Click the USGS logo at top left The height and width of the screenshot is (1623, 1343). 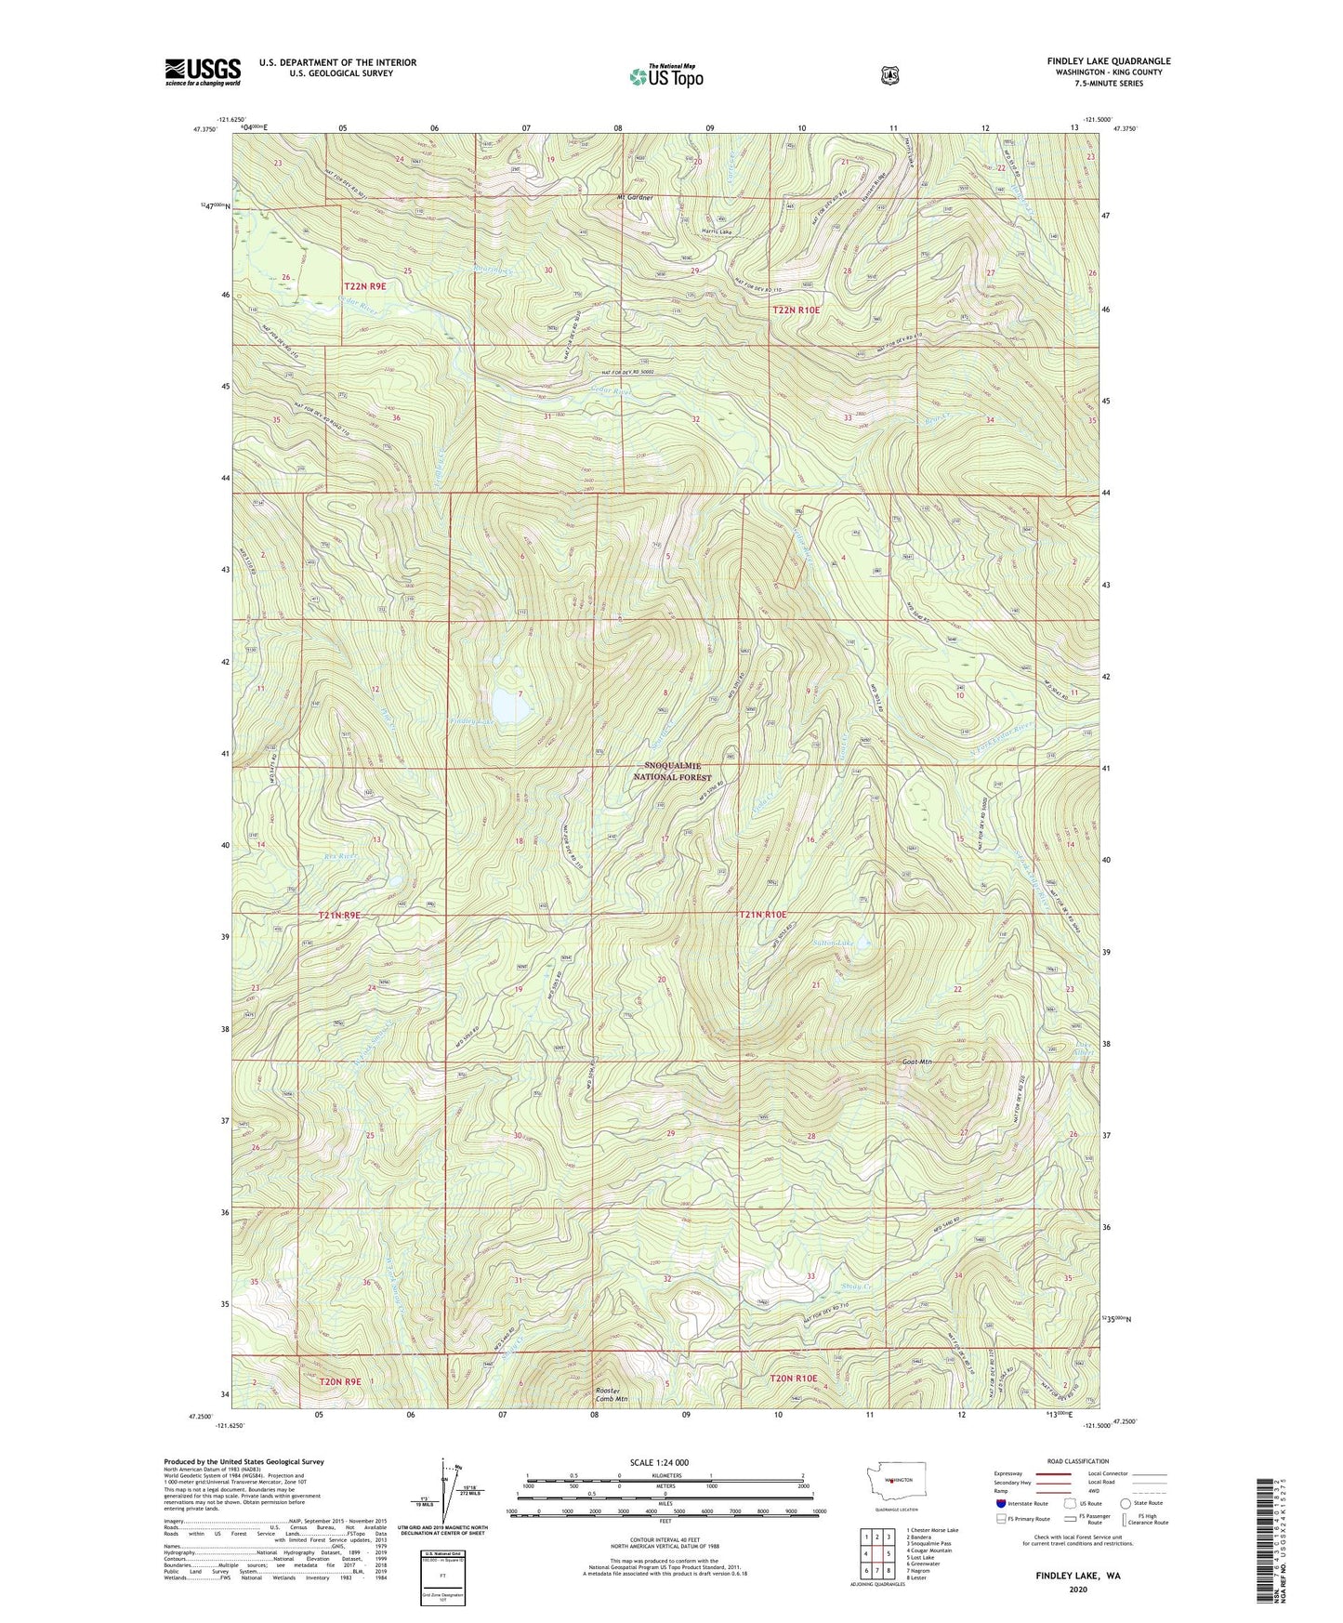[x=203, y=72]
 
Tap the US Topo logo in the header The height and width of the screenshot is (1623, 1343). [x=665, y=76]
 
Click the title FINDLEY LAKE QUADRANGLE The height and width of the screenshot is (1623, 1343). [x=1108, y=61]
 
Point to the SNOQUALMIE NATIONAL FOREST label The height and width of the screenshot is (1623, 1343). [x=678, y=772]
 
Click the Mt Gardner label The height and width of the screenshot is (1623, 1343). [x=636, y=198]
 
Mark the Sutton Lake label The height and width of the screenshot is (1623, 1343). [x=832, y=943]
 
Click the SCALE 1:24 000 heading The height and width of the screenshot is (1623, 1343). [x=659, y=1462]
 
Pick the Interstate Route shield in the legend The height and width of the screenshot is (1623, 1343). [x=1000, y=1503]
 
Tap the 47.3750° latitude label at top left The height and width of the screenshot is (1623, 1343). [x=204, y=130]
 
